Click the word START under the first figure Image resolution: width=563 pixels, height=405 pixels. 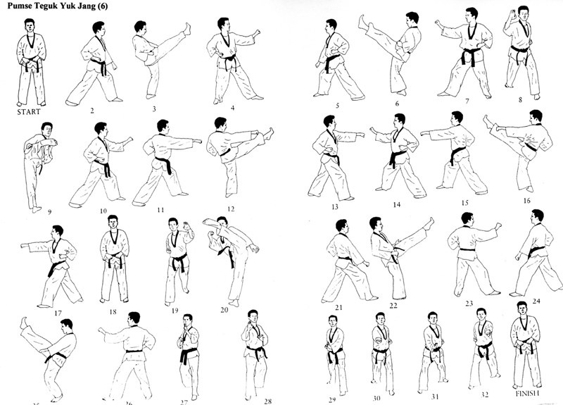tap(30, 111)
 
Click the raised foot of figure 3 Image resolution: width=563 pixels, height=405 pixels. tap(186, 29)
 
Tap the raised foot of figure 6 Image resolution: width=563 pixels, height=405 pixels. tap(364, 22)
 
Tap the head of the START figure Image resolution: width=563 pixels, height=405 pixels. tap(30, 26)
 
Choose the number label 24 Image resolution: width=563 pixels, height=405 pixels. tap(536, 301)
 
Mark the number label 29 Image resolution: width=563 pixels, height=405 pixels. tap(331, 399)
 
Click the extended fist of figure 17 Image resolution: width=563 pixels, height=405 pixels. tap(24, 247)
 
